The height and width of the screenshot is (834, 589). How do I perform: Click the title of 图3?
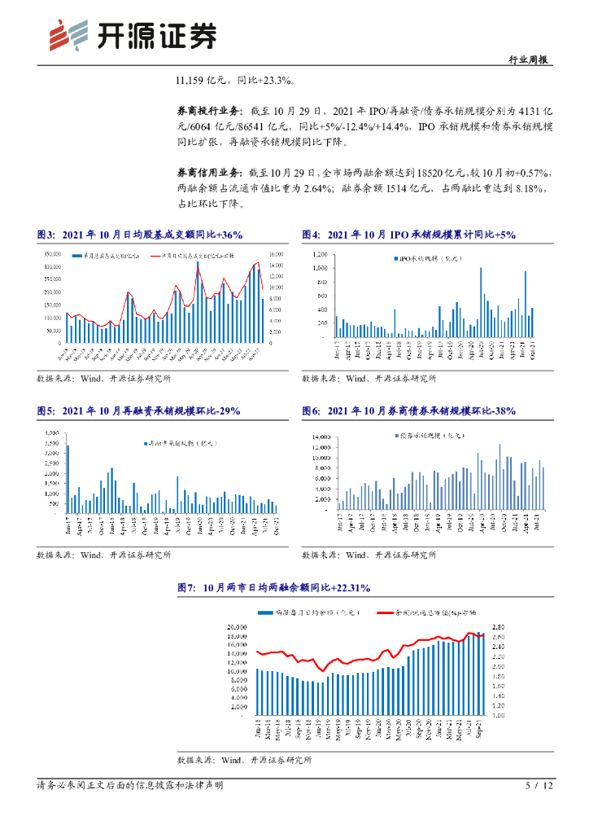click(139, 235)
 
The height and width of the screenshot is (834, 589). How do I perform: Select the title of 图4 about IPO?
click(408, 235)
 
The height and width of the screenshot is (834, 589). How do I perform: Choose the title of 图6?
click(408, 411)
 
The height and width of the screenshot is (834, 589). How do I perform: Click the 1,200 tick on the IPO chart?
click(318, 255)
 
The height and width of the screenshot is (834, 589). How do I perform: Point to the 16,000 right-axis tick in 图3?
click(277, 255)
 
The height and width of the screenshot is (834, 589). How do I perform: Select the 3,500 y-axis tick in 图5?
click(50, 433)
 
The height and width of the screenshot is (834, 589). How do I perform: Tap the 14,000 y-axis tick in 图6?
click(321, 437)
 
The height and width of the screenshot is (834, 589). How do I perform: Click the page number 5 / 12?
click(539, 786)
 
